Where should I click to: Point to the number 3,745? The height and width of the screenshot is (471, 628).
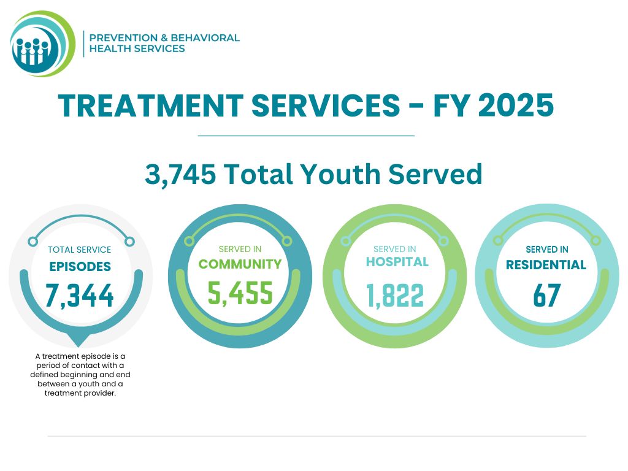[180, 174]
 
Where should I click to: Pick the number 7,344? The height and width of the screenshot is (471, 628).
[80, 296]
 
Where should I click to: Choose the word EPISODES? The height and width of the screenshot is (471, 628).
[80, 267]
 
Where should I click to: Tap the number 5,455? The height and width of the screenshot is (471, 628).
[240, 293]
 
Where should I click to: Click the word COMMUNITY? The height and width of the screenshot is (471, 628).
[240, 264]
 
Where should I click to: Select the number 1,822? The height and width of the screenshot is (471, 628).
[395, 296]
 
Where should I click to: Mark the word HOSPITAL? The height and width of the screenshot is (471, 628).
[397, 262]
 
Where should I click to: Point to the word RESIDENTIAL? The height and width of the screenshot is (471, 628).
[546, 266]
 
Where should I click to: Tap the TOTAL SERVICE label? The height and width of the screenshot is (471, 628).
[80, 250]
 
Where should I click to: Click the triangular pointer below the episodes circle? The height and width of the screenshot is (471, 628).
[79, 340]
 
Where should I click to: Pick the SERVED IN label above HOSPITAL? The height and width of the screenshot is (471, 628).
[394, 249]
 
